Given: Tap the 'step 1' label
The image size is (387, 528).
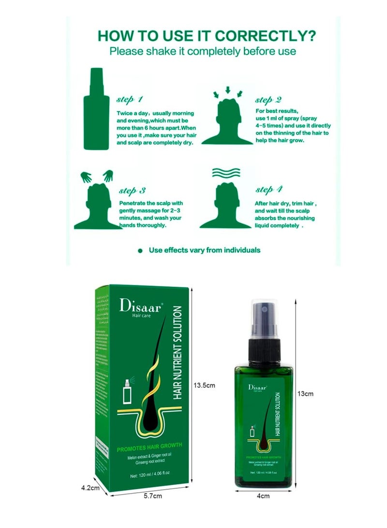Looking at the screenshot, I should click(129, 100).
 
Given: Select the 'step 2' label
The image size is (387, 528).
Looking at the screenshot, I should click(268, 100).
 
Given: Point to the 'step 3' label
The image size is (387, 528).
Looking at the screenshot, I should click(132, 190).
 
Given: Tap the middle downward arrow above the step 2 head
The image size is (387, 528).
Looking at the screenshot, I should click(227, 89).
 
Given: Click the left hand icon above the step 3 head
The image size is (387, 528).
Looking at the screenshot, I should click(86, 177).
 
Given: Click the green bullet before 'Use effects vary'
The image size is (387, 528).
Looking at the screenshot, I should click(141, 251).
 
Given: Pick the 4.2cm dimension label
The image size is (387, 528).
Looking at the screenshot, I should click(90, 488).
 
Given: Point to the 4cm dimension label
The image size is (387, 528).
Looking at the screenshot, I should click(263, 509).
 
